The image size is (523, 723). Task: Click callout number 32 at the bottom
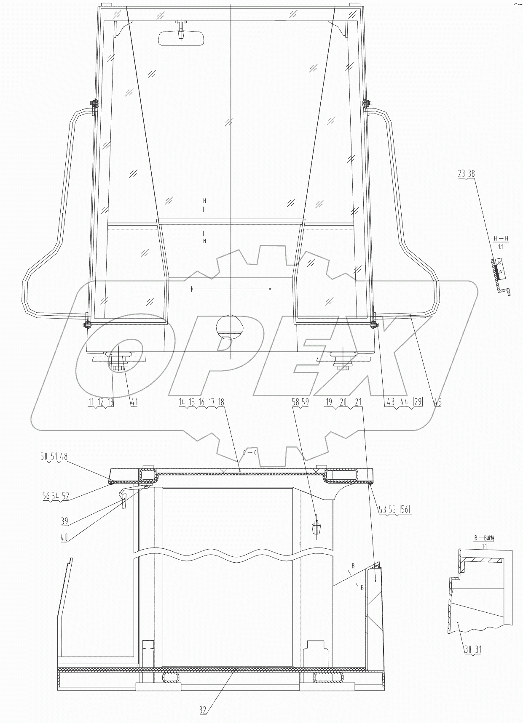pyautogui.click(x=203, y=710)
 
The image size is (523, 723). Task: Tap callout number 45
pyautogui.click(x=438, y=402)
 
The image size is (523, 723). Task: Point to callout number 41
pyautogui.click(x=134, y=402)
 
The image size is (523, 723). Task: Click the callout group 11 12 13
pyautogui.click(x=101, y=402)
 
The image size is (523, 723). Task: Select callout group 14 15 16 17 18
pyautogui.click(x=201, y=402)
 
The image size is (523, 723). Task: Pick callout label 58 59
pyautogui.click(x=300, y=402)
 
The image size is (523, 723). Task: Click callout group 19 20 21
pyautogui.click(x=344, y=402)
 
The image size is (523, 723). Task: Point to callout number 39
pyautogui.click(x=64, y=522)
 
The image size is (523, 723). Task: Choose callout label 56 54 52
pyautogui.click(x=56, y=496)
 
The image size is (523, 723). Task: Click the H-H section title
pyautogui.click(x=501, y=239)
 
